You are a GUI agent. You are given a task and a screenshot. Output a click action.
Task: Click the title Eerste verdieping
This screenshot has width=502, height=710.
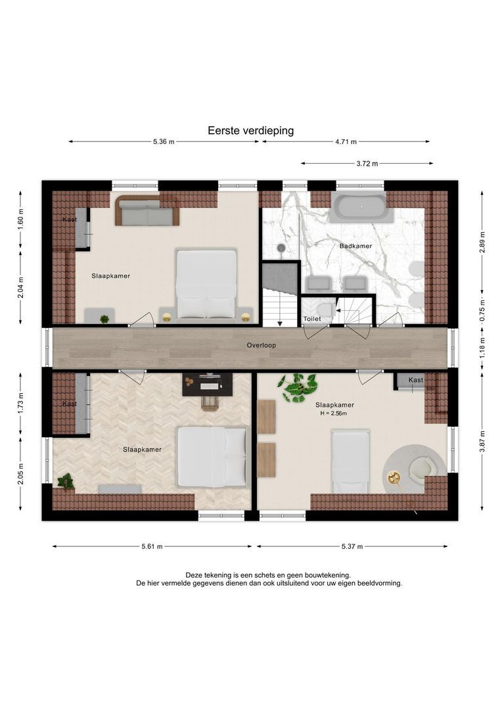point(251,130)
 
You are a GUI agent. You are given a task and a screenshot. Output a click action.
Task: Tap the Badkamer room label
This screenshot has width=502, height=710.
point(355,246)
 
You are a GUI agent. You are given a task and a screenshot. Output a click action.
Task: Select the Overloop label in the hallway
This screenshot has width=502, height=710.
point(262,345)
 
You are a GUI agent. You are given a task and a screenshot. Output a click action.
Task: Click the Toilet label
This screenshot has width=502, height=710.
point(312,319)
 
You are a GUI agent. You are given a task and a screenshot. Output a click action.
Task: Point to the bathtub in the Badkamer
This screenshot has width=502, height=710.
point(359,207)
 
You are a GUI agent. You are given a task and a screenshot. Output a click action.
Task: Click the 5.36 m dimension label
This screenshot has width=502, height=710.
point(164,142)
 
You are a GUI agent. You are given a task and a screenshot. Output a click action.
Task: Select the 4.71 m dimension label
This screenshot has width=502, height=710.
point(346,142)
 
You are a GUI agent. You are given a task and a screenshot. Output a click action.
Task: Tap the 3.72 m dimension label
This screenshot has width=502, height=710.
point(367,164)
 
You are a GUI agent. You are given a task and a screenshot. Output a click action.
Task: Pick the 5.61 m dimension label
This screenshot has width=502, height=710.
point(152,546)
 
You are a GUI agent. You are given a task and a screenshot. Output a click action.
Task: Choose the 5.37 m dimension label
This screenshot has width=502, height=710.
point(352,546)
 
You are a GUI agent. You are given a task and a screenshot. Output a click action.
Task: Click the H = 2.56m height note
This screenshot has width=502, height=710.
point(334,414)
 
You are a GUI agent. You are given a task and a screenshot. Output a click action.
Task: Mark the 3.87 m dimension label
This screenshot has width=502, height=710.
point(482,441)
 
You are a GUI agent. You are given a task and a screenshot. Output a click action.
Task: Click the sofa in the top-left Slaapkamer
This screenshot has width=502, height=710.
point(147,210)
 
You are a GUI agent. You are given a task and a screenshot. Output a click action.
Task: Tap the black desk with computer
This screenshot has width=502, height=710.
point(208,384)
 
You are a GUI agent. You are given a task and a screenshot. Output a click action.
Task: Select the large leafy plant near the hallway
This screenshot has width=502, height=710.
point(298,388)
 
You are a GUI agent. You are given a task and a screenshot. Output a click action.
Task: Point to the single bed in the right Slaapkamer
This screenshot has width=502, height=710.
point(350,461)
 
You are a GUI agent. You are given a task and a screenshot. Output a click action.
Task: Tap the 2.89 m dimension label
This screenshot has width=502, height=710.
point(482,242)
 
